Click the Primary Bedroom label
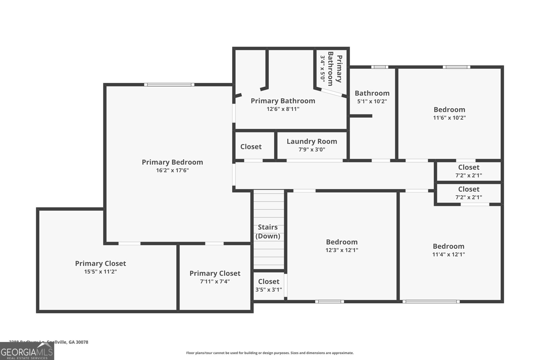tap(172, 162)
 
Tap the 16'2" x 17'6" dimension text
tap(172, 170)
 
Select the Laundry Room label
tap(312, 141)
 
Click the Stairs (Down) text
tap(268, 231)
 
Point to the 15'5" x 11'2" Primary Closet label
tap(100, 264)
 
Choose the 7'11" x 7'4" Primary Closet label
tap(215, 273)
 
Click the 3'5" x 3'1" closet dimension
tap(269, 289)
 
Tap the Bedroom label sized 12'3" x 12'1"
tap(342, 242)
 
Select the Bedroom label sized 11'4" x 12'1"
tap(448, 246)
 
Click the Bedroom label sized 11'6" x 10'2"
tap(449, 110)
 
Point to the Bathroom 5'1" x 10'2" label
tap(372, 93)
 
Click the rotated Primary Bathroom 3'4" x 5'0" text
tap(331, 69)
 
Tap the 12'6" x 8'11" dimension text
tap(283, 109)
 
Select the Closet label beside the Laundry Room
tap(251, 147)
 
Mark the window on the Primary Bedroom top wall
tap(169, 85)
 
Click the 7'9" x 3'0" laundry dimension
tap(312, 149)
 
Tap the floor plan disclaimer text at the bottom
tap(270, 353)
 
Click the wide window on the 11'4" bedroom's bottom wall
tap(431, 301)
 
